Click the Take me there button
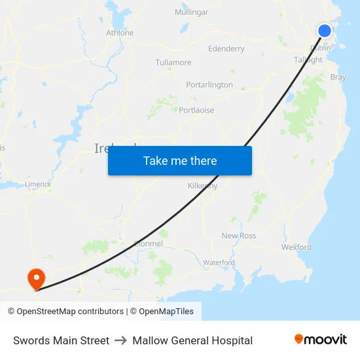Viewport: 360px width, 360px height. click(180, 161)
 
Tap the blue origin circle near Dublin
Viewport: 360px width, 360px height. click(325, 31)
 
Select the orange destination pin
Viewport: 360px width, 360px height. click(34, 279)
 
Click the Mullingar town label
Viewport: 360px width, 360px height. click(192, 12)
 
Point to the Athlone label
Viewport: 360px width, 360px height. click(120, 33)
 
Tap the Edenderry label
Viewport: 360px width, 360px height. click(226, 49)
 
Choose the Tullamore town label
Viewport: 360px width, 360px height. click(173, 63)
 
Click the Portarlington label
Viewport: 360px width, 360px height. click(209, 85)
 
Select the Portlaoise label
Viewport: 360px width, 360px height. click(196, 111)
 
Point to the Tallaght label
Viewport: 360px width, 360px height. click(308, 60)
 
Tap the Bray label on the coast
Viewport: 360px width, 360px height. click(338, 77)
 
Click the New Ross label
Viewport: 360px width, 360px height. click(239, 236)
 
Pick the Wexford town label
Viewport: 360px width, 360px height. click(297, 247)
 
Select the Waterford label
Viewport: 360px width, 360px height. click(219, 262)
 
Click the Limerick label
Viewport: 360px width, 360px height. click(38, 185)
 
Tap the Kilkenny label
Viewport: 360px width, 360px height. click(202, 186)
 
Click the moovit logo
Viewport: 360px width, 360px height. click(320, 340)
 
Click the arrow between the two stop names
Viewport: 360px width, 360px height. click(121, 340)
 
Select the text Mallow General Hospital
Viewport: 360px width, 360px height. click(192, 340)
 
